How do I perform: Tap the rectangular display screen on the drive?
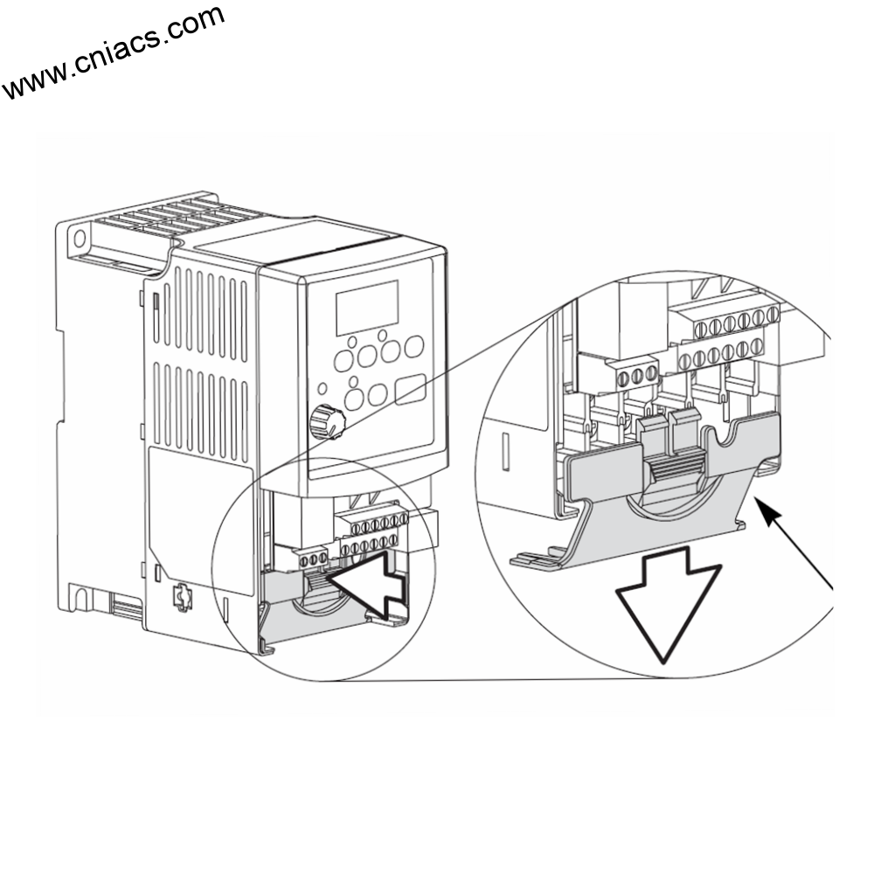(367, 307)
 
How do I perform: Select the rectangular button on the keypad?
(410, 390)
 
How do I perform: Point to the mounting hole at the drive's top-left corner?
(80, 238)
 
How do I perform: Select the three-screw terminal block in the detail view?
(636, 374)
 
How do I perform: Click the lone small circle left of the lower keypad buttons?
(323, 386)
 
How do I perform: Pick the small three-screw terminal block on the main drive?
(314, 557)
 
